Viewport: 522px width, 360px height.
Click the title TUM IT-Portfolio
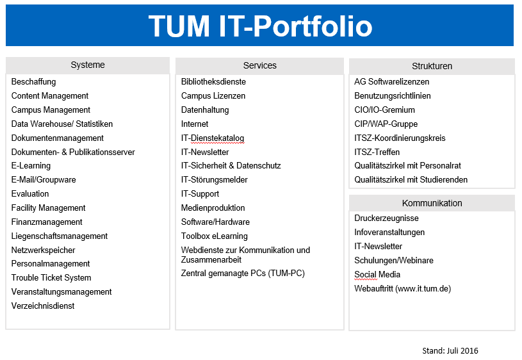(x=260, y=26)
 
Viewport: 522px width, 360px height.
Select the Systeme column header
(x=88, y=65)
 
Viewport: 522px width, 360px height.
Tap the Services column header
(x=259, y=65)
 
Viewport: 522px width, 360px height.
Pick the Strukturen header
(x=432, y=66)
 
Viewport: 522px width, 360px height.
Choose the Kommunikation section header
(x=432, y=203)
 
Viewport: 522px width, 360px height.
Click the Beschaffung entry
(x=33, y=82)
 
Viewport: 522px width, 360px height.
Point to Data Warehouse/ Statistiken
(x=62, y=124)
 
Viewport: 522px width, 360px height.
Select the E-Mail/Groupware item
(x=44, y=180)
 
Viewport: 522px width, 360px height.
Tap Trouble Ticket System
(x=51, y=278)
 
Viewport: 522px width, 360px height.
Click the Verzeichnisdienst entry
(x=43, y=306)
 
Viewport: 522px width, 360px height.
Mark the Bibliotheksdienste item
(x=213, y=82)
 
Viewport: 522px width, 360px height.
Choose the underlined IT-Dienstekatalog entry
(x=213, y=138)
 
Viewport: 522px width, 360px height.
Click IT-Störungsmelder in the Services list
(x=215, y=180)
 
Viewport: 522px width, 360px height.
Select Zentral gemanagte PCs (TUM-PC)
(x=243, y=274)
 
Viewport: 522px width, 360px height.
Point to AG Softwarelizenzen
(x=391, y=82)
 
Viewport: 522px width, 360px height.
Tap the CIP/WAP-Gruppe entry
(x=386, y=124)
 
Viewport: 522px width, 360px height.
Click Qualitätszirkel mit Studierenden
(x=411, y=180)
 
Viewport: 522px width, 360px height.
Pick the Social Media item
(x=377, y=274)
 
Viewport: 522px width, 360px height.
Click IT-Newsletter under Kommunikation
(x=378, y=247)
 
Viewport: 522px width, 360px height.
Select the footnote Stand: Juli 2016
(x=450, y=350)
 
